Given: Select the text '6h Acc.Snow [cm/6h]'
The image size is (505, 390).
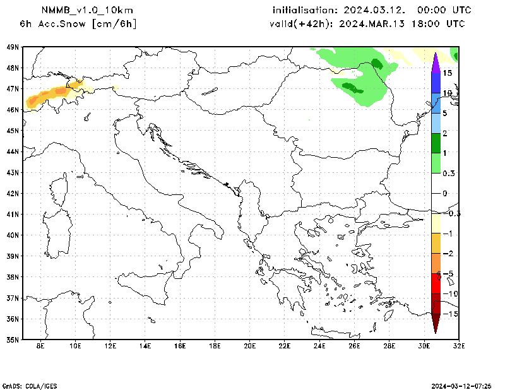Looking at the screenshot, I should click(x=78, y=24).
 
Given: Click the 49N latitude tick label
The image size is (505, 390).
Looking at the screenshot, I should click(x=13, y=47).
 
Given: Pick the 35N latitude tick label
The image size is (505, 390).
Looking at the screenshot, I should click(x=13, y=340).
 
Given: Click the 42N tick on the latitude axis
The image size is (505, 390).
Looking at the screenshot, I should click(x=13, y=193).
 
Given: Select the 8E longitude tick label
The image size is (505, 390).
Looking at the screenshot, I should click(x=41, y=346).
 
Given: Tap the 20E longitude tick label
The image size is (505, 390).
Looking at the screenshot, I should click(x=249, y=346).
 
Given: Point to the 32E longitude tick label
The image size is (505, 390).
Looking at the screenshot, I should click(x=459, y=346).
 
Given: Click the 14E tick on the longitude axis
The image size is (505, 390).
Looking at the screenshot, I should click(x=145, y=346).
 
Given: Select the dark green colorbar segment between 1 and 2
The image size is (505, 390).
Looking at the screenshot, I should click(x=436, y=143).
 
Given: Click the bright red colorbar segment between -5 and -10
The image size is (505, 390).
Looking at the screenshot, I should click(x=436, y=283).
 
